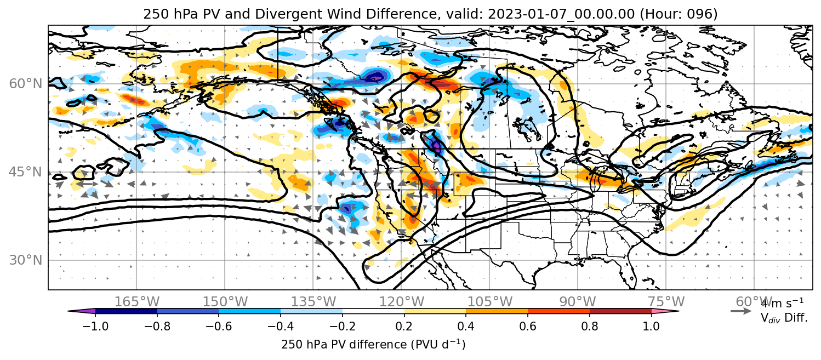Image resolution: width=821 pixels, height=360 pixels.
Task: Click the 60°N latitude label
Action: pos(26,84)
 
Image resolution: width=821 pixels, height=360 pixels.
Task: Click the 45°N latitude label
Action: pos(26,172)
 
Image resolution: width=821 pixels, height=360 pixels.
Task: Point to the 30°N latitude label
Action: pos(26,260)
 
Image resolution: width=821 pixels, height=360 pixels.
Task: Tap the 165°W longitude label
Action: pos(136,302)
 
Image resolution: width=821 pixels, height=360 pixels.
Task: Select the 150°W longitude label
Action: pos(225,302)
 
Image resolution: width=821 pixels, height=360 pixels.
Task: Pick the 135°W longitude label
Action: pos(313,302)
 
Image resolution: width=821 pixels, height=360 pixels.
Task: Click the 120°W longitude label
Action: pos(401,302)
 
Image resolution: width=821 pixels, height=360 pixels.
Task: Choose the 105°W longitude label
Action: pos(489,302)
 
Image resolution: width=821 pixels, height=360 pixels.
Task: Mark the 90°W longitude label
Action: pos(578,302)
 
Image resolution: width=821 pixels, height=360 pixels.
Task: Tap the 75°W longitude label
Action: pos(666,302)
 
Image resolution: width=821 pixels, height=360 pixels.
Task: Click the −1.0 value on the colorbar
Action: pos(95,326)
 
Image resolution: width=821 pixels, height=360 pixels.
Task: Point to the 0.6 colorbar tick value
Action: pos(528,326)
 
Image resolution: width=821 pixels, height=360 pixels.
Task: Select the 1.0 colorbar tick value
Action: pos(651,326)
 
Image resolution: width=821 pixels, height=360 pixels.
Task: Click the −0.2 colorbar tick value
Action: pos(343,326)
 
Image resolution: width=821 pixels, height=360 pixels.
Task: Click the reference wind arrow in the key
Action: pos(741,311)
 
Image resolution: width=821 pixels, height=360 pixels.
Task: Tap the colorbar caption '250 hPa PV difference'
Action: pos(344,345)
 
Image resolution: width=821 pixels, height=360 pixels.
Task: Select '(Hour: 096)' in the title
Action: pos(679,14)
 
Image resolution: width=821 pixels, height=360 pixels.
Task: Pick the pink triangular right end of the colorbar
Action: pos(665,311)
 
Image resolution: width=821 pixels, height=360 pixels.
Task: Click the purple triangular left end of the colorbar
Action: pos(81,311)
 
